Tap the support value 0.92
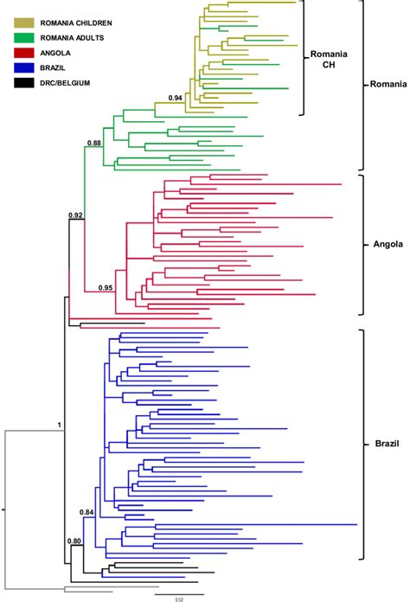[77, 214]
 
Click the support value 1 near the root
[60, 424]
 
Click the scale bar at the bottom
[179, 594]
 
